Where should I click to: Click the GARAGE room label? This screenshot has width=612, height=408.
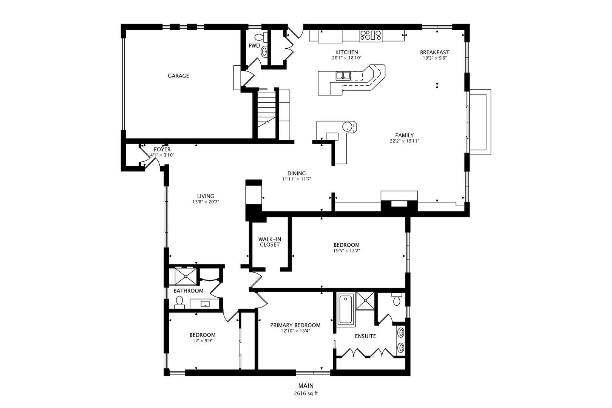point(178,76)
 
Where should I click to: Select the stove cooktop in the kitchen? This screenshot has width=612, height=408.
point(371,36)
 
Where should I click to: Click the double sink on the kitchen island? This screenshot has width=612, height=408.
point(343,76)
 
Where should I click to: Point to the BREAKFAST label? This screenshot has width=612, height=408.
point(434,52)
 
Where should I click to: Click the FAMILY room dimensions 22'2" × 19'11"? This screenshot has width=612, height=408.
point(404,141)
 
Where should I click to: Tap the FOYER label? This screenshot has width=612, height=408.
point(162,149)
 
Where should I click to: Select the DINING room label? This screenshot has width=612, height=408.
point(297,173)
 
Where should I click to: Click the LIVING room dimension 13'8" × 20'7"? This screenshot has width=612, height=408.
point(206,202)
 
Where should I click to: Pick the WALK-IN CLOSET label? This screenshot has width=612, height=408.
point(270,242)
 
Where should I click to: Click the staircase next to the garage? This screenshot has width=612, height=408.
point(266,115)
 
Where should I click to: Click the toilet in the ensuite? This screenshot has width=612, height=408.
point(397,299)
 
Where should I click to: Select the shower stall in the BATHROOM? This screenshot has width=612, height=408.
point(185,277)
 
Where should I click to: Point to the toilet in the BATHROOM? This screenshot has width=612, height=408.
point(179,302)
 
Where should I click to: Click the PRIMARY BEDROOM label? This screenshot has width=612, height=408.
point(295,325)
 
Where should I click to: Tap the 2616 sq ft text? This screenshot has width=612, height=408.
point(306,394)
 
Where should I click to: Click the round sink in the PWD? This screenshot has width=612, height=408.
point(264,52)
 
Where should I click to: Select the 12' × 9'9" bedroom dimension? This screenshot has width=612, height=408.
point(202,340)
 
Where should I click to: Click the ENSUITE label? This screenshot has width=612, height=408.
point(365,336)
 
